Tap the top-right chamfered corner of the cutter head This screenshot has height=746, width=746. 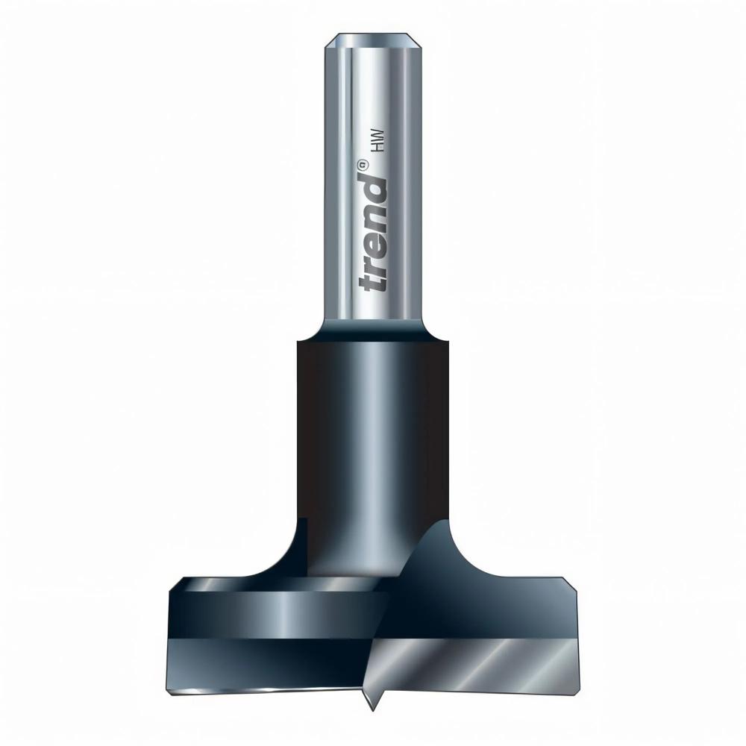point(574,589)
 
